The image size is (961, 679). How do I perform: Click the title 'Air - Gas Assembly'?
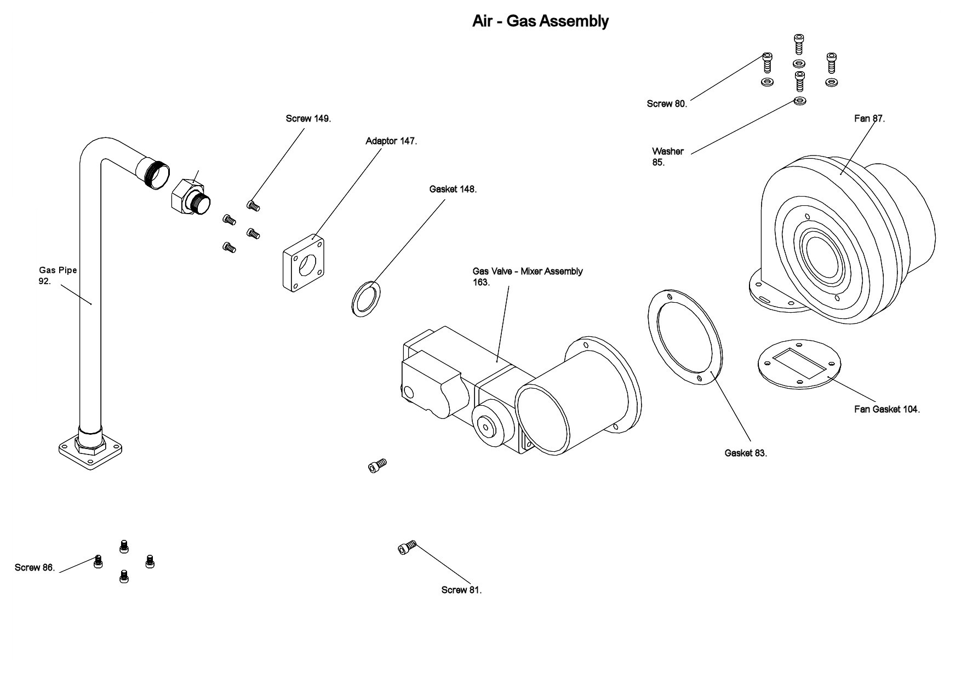[x=540, y=21]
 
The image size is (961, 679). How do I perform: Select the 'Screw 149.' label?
[x=308, y=118]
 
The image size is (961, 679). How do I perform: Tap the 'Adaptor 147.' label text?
[x=391, y=141]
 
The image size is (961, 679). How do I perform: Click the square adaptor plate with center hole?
[x=303, y=263]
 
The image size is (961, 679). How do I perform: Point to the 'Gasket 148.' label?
[x=453, y=189]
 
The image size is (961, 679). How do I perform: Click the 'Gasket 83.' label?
[x=745, y=453]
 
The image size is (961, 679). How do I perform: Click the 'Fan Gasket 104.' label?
[x=886, y=409]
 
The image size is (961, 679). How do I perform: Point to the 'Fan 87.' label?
[x=869, y=118]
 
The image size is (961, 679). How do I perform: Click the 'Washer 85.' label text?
[x=667, y=157]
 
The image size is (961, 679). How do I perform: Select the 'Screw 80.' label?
[x=666, y=103]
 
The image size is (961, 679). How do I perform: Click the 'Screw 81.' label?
[x=461, y=590]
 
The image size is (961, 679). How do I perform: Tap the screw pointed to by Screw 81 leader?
[x=407, y=546]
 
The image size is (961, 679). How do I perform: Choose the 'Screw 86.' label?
[x=35, y=567]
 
